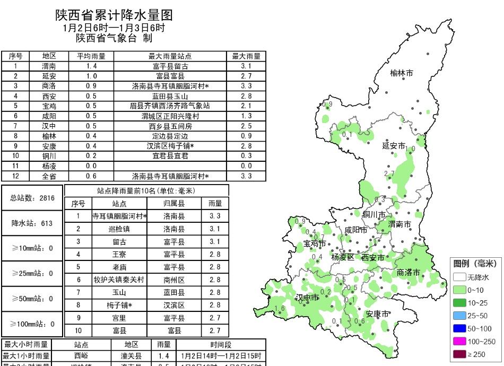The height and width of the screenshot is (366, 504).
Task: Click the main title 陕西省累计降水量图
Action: pyautogui.click(x=114, y=15)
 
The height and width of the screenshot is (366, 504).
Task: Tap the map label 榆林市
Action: pyautogui.click(x=401, y=73)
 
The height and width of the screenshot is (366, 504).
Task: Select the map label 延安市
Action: pyautogui.click(x=394, y=146)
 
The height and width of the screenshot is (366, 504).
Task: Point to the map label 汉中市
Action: pyautogui.click(x=307, y=298)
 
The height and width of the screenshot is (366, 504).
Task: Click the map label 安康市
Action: pyautogui.click(x=377, y=313)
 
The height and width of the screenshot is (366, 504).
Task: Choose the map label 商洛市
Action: pyautogui.click(x=408, y=273)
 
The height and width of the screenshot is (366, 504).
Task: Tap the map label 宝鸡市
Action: pyautogui.click(x=315, y=244)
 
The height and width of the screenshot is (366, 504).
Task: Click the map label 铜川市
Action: pyautogui.click(x=373, y=214)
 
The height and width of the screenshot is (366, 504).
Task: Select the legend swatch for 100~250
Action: pyautogui.click(x=459, y=342)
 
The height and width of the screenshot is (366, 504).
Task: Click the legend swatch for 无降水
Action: pyautogui.click(x=459, y=277)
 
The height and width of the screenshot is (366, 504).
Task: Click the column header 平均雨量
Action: pyautogui.click(x=91, y=56)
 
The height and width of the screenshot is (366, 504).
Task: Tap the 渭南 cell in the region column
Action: pyautogui.click(x=49, y=66)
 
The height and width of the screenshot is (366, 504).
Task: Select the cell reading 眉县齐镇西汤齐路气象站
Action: pyautogui.click(x=170, y=106)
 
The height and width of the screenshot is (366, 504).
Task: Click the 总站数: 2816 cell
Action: pyautogui.click(x=32, y=198)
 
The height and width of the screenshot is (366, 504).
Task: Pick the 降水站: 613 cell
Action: pyautogui.click(x=32, y=223)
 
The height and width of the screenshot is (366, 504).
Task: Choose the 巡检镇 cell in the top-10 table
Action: pyautogui.click(x=119, y=229)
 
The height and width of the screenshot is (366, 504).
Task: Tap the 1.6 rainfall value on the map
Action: pyautogui.click(x=280, y=308)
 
